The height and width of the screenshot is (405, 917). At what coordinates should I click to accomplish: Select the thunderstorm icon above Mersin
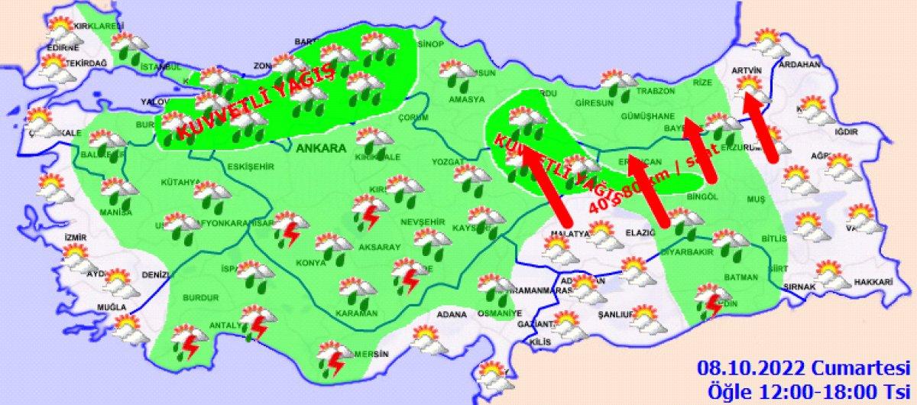pyautogui.click(x=334, y=358)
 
